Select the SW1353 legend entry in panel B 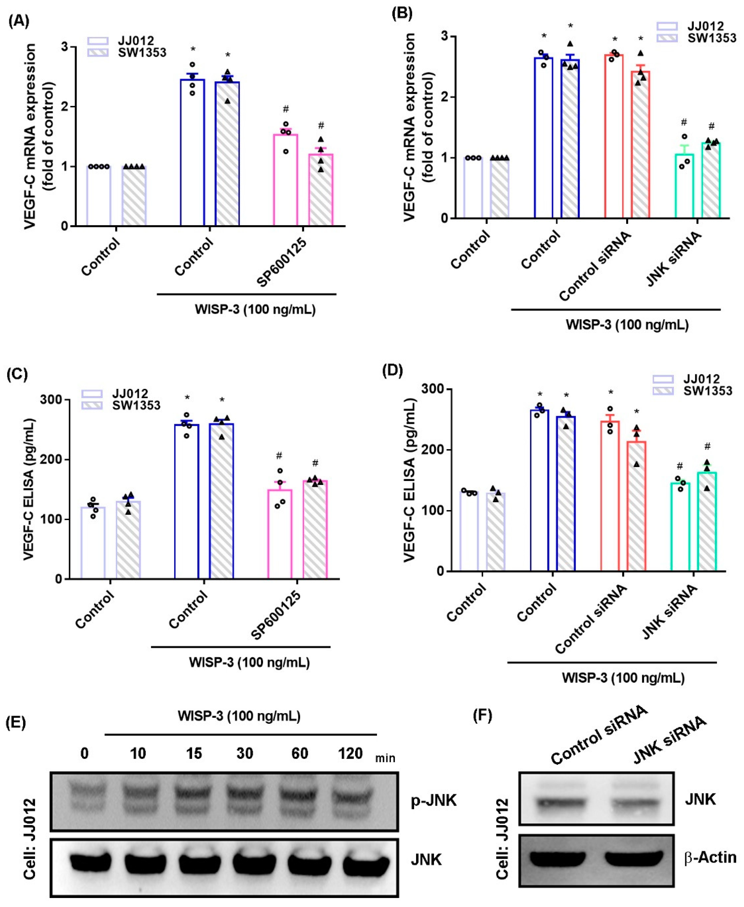coord(711,38)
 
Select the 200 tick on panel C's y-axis coord(52,459)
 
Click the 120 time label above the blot coord(350,753)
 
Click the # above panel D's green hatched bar coord(707,447)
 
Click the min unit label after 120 coord(385,759)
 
